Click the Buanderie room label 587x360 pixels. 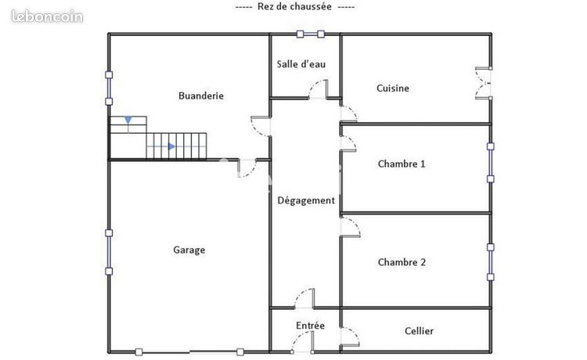pyautogui.click(x=201, y=95)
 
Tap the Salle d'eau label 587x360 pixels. pyautogui.click(x=301, y=64)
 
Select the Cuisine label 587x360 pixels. pyautogui.click(x=393, y=88)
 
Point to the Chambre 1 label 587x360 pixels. pyautogui.click(x=402, y=164)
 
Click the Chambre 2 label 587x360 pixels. pyautogui.click(x=402, y=262)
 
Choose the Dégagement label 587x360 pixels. pyautogui.click(x=306, y=201)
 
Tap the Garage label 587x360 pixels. pyautogui.click(x=189, y=250)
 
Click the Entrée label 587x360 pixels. pyautogui.click(x=310, y=326)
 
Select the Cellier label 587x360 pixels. pyautogui.click(x=419, y=331)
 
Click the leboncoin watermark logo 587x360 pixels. pyautogui.click(x=47, y=16)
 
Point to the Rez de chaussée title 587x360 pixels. pyautogui.click(x=294, y=7)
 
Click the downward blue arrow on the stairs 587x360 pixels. pyautogui.click(x=128, y=120)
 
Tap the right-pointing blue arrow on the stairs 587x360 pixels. pyautogui.click(x=171, y=146)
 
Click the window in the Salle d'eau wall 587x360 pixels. pyautogui.click(x=311, y=34)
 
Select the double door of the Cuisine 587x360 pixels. pyautogui.click(x=484, y=83)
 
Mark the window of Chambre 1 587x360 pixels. pyautogui.click(x=491, y=163)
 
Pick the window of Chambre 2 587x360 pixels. pyautogui.click(x=491, y=262)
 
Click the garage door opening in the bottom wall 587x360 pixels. pyautogui.click(x=189, y=351)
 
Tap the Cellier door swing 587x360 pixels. pyautogui.click(x=350, y=337)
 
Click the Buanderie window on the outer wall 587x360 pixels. pyautogui.click(x=109, y=88)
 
